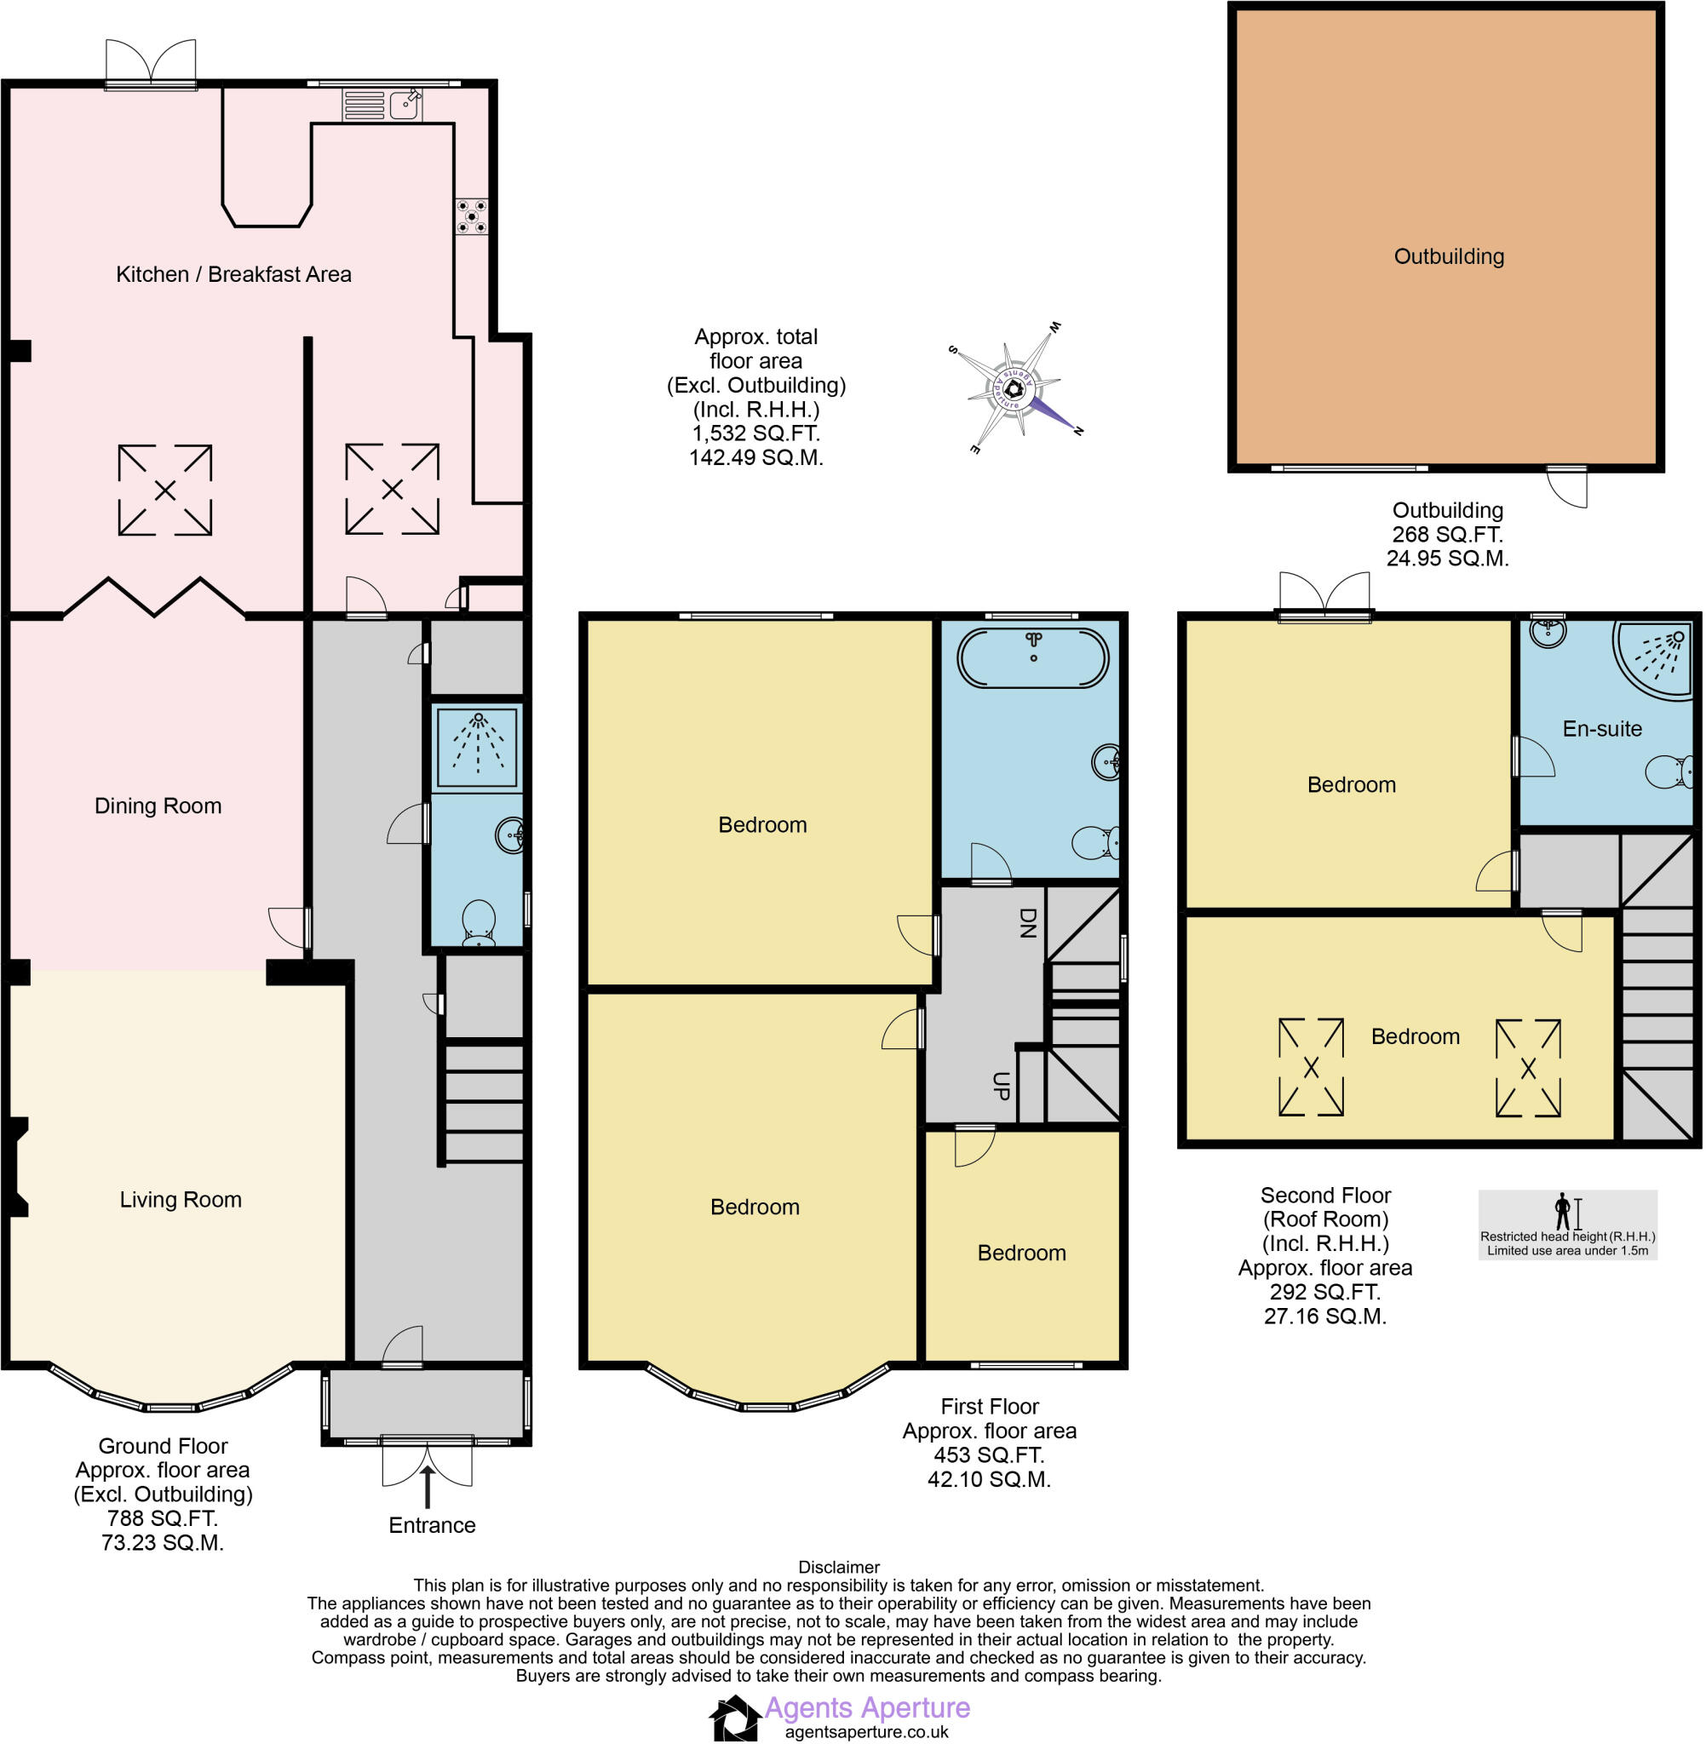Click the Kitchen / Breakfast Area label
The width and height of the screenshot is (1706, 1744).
[x=234, y=274]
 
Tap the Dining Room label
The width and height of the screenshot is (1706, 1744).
[x=158, y=806]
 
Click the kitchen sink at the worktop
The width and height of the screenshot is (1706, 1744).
[x=405, y=105]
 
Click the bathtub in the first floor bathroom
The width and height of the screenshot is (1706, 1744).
[x=1033, y=657]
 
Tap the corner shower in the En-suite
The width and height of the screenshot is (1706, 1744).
[x=1653, y=658]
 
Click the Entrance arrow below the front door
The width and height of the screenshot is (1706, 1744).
[x=428, y=1486]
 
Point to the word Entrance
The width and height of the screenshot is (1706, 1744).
[x=432, y=1525]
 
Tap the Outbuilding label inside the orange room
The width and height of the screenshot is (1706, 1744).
[x=1449, y=257]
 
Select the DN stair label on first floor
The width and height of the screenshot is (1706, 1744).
[x=1028, y=923]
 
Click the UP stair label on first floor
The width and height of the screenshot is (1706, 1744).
[x=1002, y=1086]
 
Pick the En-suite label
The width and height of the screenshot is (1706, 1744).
[x=1602, y=729]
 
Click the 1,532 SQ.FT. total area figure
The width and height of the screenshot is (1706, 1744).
[x=756, y=433]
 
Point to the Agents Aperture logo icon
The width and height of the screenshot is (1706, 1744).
[x=735, y=1718]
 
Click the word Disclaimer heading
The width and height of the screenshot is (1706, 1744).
[x=839, y=1568]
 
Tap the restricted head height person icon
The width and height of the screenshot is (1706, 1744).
[x=1563, y=1211]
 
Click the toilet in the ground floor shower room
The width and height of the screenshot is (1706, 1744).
[x=479, y=922]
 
